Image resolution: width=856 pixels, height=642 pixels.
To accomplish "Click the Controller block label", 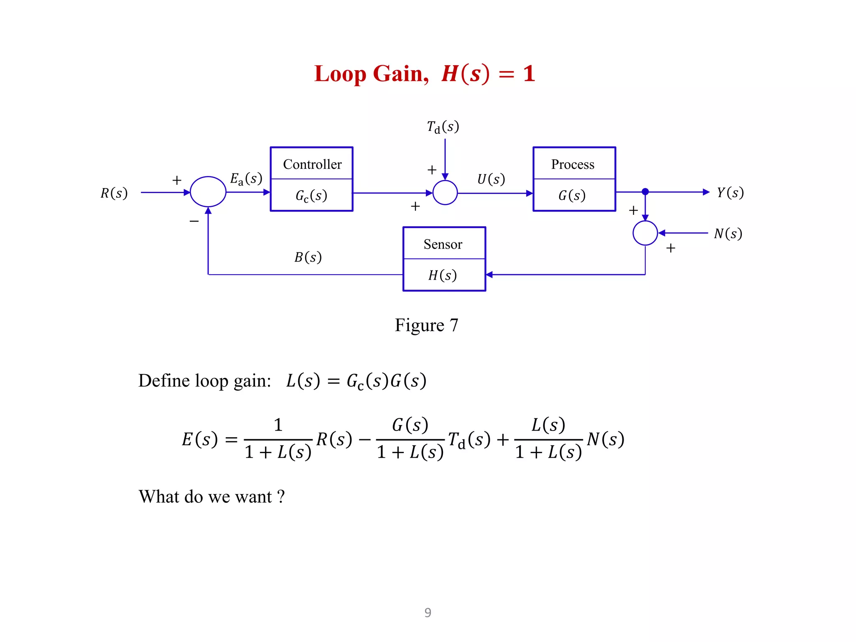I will pyautogui.click(x=312, y=164).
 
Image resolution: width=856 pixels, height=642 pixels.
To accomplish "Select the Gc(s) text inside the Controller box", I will pyautogui.click(x=311, y=196).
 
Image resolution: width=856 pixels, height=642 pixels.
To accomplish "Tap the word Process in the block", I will pyautogui.click(x=573, y=164).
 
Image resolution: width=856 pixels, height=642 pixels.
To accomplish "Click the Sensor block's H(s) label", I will pyautogui.click(x=442, y=275).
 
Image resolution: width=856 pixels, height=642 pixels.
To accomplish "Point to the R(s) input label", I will pyautogui.click(x=114, y=193).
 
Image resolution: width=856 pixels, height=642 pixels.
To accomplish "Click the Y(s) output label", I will pyautogui.click(x=730, y=192).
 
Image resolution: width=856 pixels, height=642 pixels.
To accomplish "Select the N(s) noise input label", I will pyautogui.click(x=728, y=233).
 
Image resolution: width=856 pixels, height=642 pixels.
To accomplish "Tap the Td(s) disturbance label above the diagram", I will pyautogui.click(x=443, y=127).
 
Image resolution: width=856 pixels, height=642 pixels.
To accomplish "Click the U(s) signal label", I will pyautogui.click(x=491, y=179).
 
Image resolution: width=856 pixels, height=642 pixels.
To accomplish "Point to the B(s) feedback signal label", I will pyautogui.click(x=308, y=257).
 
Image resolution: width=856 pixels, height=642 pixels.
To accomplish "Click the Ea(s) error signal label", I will pyautogui.click(x=246, y=179).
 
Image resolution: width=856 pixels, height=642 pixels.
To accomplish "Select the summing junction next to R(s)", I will pyautogui.click(x=208, y=192).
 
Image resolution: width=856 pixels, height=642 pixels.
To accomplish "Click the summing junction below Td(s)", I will pyautogui.click(x=445, y=193).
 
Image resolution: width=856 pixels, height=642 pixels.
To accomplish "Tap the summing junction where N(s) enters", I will pyautogui.click(x=645, y=233).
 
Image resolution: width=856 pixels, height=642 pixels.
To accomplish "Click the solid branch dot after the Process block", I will pyautogui.click(x=645, y=192).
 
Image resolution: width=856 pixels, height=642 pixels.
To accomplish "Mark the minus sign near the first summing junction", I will pyautogui.click(x=194, y=221).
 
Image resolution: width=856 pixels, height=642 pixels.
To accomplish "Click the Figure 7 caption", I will pyautogui.click(x=426, y=325).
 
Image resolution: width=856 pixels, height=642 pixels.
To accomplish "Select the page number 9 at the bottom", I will pyautogui.click(x=428, y=612).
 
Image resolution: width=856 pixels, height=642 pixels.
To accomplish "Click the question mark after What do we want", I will pyautogui.click(x=281, y=497).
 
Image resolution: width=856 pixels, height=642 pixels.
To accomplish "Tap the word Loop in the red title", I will pyautogui.click(x=340, y=74).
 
